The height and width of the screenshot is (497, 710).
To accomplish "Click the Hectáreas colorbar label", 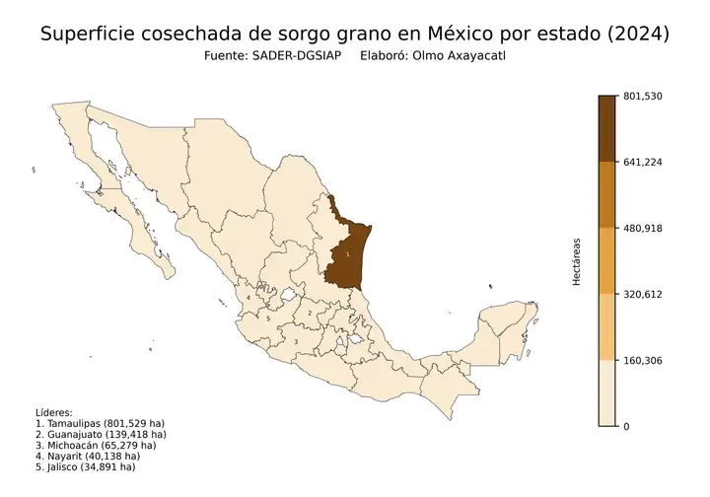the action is pyautogui.click(x=577, y=261).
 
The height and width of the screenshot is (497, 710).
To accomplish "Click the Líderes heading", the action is pyautogui.click(x=54, y=412).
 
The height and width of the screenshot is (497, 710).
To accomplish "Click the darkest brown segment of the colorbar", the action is pyautogui.click(x=607, y=128).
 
